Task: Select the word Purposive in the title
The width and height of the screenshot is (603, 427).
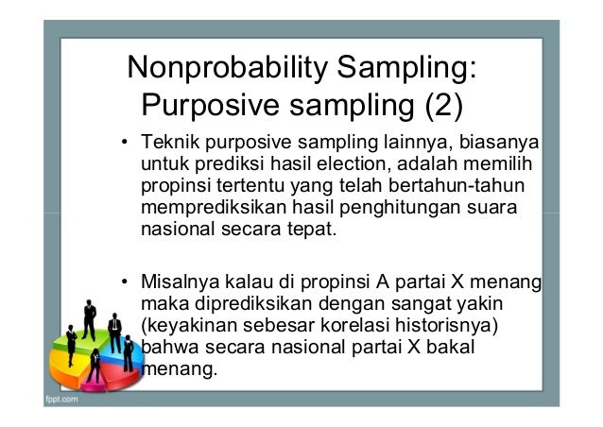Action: coord(209,107)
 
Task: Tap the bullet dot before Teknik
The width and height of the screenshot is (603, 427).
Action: coord(123,145)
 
